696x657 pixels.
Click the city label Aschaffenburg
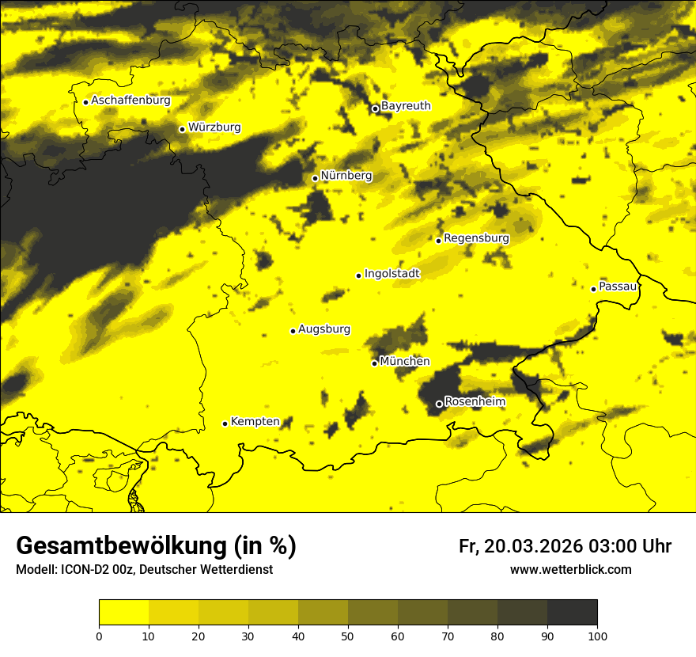pyautogui.click(x=130, y=101)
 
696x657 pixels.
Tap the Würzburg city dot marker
pyautogui.click(x=182, y=129)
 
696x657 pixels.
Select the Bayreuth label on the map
pyautogui.click(x=406, y=105)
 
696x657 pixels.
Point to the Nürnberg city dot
pyautogui.click(x=315, y=178)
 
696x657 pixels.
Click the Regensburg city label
pyautogui.click(x=476, y=237)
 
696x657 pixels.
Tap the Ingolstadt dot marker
pyautogui.click(x=358, y=275)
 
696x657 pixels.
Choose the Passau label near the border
pyautogui.click(x=618, y=286)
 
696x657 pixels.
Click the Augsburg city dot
pyautogui.click(x=293, y=331)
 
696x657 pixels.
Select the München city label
pyautogui.click(x=404, y=361)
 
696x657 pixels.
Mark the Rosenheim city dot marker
pyautogui.click(x=439, y=404)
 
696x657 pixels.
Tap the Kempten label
pyautogui.click(x=255, y=421)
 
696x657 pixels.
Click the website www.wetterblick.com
pyautogui.click(x=570, y=569)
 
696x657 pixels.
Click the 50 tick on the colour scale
pyautogui.click(x=348, y=635)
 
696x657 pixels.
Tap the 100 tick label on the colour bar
pyautogui.click(x=597, y=635)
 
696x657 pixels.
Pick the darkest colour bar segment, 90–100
pyautogui.click(x=572, y=613)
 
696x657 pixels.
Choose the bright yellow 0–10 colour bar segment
pyautogui.click(x=123, y=613)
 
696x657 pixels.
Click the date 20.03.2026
pyautogui.click(x=534, y=546)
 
